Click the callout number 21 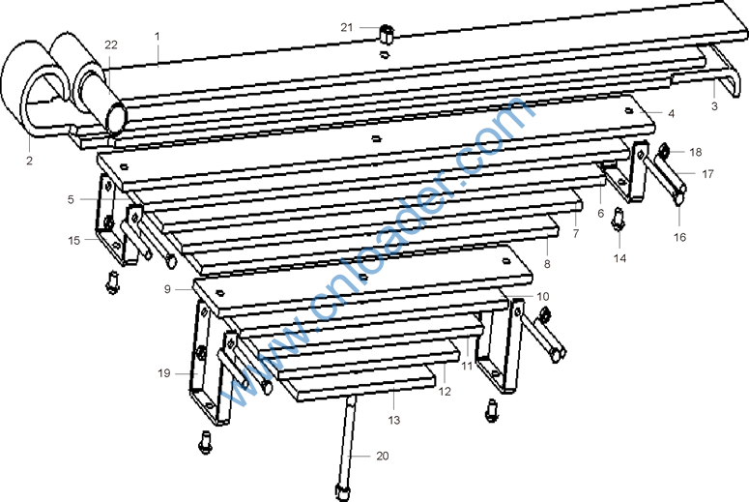pos(347,28)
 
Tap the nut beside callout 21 pos(386,34)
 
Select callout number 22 pos(111,44)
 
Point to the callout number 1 pos(158,37)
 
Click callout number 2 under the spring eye pos(30,161)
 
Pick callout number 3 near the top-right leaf pos(714,106)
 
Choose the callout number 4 pos(671,114)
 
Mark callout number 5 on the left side pos(71,199)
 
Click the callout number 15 pos(74,241)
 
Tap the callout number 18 pos(696,152)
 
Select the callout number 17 pos(707,174)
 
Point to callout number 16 pos(679,237)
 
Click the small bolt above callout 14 pos(619,219)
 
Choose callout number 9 pos(167,289)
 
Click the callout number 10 pos(542,296)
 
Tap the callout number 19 pos(164,373)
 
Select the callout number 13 pos(393,420)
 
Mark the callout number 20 pos(383,457)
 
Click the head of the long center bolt pos(342,492)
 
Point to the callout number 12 pos(445,392)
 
